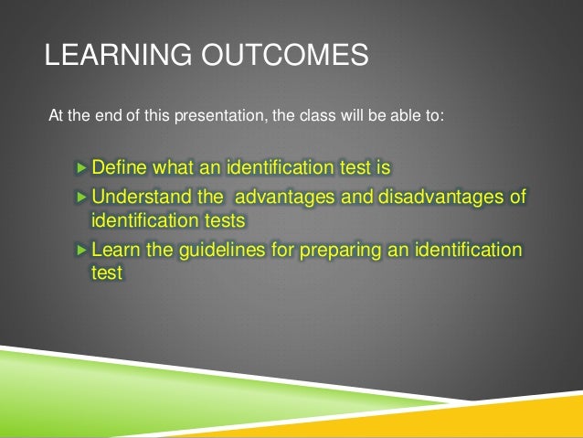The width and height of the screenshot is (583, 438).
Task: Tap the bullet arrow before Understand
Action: [x=82, y=198]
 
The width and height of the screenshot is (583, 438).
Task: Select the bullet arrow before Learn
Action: [x=82, y=250]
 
